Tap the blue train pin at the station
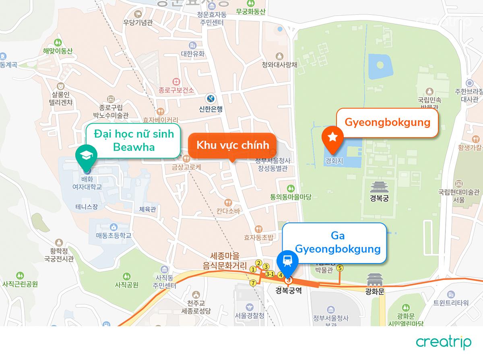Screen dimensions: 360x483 point(287,261)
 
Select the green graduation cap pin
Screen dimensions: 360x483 point(86,156)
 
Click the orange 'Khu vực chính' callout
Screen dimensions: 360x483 point(232,145)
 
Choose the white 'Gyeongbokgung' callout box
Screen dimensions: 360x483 point(387,123)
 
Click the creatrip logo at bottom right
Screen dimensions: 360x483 point(444,342)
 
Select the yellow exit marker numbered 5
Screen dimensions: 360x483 point(340,268)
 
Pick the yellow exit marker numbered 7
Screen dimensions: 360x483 point(253,283)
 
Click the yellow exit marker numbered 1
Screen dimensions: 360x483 point(253,269)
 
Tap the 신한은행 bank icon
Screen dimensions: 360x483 point(211,98)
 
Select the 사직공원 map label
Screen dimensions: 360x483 point(126,285)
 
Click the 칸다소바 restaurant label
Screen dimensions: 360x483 point(228,211)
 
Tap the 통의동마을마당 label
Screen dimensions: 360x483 point(291,197)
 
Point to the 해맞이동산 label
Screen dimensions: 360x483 point(58,51)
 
